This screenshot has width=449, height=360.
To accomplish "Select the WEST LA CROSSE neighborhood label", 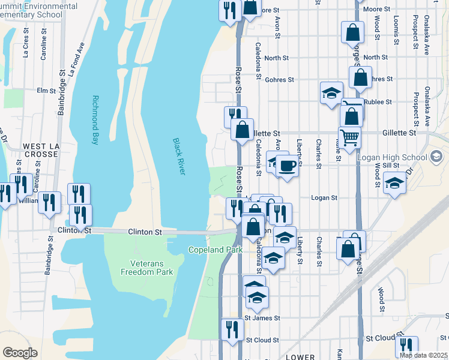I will pyautogui.click(x=41, y=150).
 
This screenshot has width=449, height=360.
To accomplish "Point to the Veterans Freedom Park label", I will pyautogui.click(x=152, y=268).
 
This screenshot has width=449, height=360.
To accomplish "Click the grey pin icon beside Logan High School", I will pyautogui.click(x=436, y=157).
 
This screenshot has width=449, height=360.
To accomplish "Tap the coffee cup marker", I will pyautogui.click(x=287, y=165).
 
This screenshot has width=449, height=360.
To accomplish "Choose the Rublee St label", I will pyautogui.click(x=379, y=102).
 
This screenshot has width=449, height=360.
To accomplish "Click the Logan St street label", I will pyautogui.click(x=325, y=197).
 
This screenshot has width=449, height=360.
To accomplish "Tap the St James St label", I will pyautogui.click(x=262, y=318).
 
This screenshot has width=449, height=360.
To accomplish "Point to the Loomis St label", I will pyautogui.click(x=397, y=31).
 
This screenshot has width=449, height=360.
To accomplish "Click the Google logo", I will pyautogui.click(x=20, y=353).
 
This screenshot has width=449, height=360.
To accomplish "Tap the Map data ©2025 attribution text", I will pyautogui.click(x=424, y=355).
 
